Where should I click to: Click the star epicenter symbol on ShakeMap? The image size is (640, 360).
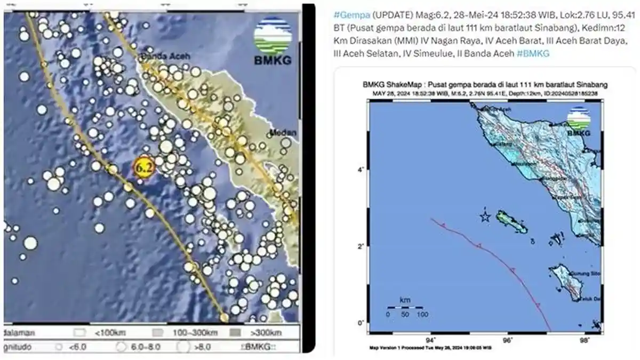[x=485, y=217]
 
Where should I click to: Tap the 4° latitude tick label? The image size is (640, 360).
[x=361, y=170]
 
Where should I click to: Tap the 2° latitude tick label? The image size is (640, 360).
[x=361, y=246]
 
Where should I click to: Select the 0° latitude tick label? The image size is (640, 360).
[x=361, y=323]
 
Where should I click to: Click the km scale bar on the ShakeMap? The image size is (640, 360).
[x=405, y=308]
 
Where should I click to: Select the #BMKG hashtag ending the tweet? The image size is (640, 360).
[x=533, y=53]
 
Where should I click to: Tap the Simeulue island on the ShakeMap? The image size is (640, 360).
[x=511, y=221]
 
